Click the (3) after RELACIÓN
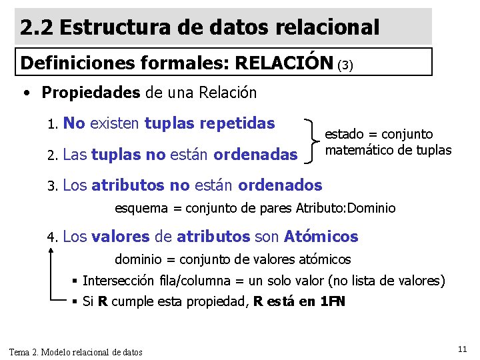click(345, 65)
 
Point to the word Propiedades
click(90, 92)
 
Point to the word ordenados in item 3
click(280, 185)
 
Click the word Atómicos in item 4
click(321, 236)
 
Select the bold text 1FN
click(333, 301)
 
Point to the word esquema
click(141, 208)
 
